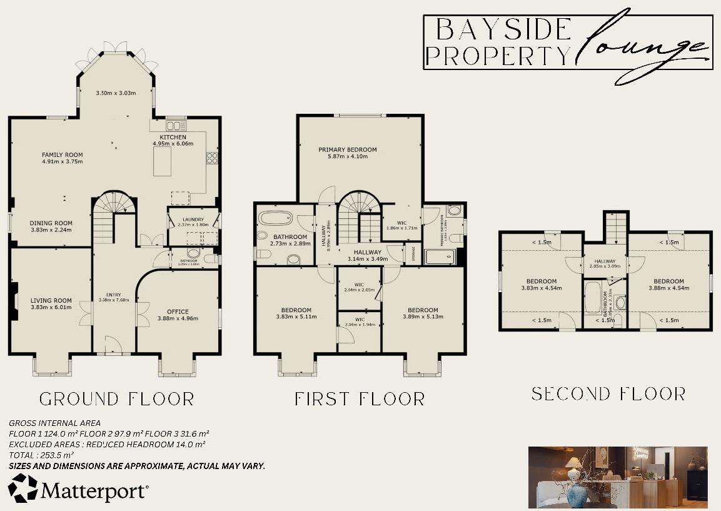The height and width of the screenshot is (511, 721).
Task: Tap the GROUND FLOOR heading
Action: [x=117, y=399]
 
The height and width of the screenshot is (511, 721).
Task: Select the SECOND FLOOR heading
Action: [x=608, y=394]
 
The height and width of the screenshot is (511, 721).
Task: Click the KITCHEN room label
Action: [x=173, y=137]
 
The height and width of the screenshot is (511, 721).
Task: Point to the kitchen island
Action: [x=162, y=161]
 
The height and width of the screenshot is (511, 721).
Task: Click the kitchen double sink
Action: [x=173, y=125]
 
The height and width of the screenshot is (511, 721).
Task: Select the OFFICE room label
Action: [x=178, y=311]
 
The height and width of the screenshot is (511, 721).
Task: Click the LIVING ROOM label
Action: [x=51, y=300]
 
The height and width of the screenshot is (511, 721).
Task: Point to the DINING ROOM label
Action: [x=51, y=223]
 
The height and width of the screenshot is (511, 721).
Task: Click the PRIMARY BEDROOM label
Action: [x=348, y=149]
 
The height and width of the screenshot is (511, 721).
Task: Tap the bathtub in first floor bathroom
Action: [x=275, y=219]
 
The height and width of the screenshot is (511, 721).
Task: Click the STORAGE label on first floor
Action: [x=413, y=254]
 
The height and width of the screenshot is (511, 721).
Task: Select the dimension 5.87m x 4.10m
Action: [x=348, y=156]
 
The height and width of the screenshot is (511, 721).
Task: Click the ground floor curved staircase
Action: [x=113, y=213]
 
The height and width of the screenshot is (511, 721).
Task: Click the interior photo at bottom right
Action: [x=618, y=477]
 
